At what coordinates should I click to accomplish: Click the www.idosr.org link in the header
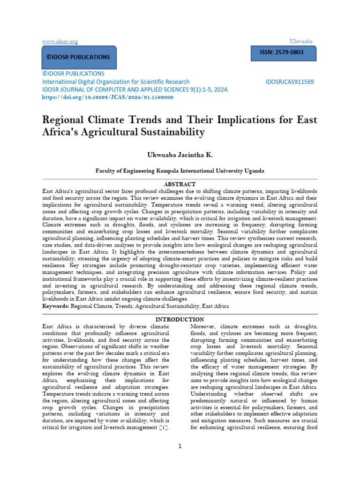tap(60, 42)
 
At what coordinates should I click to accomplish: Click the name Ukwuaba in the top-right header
tap(301, 42)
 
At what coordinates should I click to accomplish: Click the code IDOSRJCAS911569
tap(289, 82)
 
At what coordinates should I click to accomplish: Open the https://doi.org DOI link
tap(108, 97)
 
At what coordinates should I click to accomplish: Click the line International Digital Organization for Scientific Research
tap(116, 82)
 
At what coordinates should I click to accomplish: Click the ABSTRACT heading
tap(180, 184)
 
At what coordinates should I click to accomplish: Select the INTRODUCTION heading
tap(180, 319)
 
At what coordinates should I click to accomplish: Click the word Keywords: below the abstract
tap(56, 306)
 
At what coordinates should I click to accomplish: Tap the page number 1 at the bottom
tap(180, 446)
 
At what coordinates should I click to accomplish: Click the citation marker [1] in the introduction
tap(164, 428)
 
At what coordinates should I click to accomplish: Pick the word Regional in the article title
tap(64, 119)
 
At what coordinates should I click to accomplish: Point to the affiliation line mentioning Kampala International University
tap(180, 171)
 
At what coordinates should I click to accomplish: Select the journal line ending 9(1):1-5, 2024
tap(135, 89)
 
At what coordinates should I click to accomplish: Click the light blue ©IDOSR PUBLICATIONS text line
tap(74, 74)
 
